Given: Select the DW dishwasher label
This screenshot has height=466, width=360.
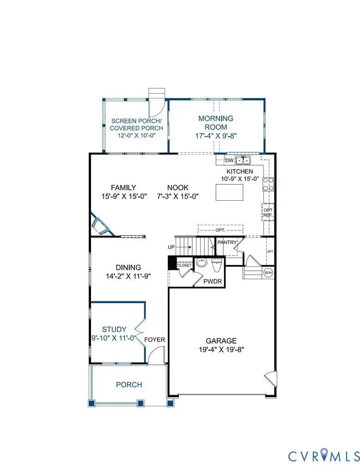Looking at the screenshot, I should tap(229, 160).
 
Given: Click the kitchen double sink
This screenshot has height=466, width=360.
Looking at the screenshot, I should tap(243, 160).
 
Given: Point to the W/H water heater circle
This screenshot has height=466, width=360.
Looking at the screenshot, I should tap(268, 273).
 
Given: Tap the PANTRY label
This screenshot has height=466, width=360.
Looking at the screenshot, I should tap(227, 242).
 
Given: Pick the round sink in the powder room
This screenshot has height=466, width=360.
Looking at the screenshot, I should tap(201, 264).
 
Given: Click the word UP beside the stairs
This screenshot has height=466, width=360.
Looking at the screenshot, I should tap(171, 247).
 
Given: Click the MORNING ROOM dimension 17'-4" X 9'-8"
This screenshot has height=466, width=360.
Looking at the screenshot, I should tap(216, 136).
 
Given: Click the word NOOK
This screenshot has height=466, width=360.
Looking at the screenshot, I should tap(178, 187).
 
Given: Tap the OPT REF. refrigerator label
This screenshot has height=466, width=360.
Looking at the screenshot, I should tap(268, 212).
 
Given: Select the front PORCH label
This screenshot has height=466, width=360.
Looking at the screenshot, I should tap(129, 385).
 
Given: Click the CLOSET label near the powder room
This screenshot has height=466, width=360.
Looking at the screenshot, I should tap(184, 265).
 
